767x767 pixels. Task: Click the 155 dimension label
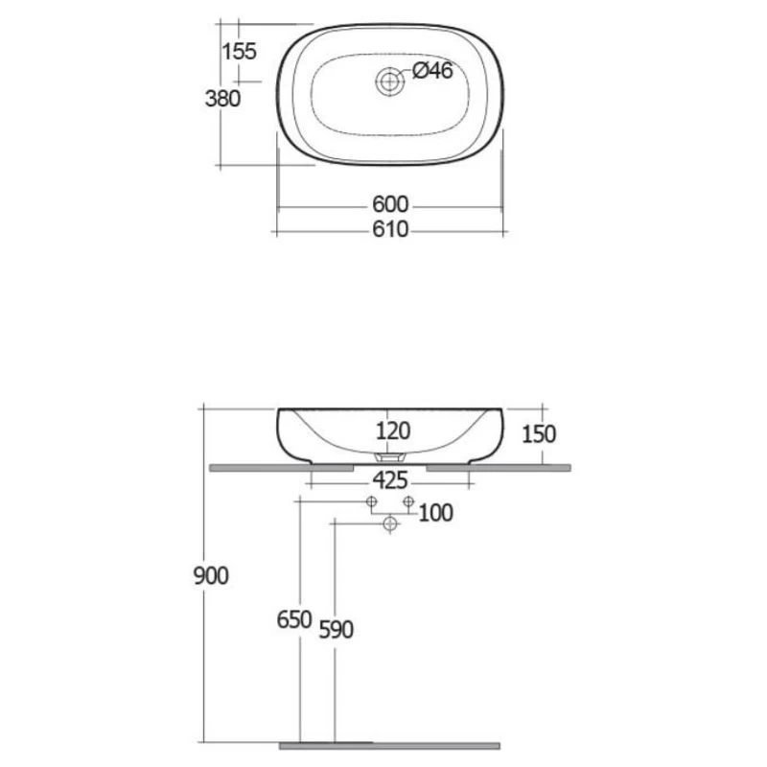(x=239, y=51)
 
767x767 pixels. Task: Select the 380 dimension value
(x=222, y=99)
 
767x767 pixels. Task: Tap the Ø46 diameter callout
(x=432, y=71)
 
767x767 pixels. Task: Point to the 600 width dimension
(x=390, y=204)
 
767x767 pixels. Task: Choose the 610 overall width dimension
(x=390, y=229)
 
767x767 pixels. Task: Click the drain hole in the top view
(x=390, y=81)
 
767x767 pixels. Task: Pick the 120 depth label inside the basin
(x=393, y=430)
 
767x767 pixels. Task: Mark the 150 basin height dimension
(x=539, y=434)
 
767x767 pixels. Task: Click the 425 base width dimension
(x=390, y=480)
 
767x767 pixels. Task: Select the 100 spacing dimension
(x=436, y=513)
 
